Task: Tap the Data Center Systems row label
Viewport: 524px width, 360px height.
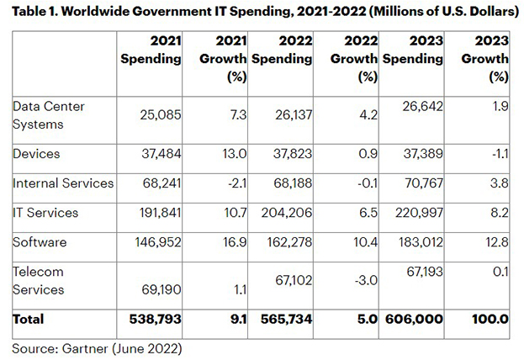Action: point(49,114)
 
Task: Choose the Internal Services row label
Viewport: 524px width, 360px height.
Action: point(61,183)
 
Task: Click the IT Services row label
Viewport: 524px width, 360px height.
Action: point(45,212)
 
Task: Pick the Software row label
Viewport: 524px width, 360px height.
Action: point(40,241)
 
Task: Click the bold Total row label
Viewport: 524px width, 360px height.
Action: point(29,320)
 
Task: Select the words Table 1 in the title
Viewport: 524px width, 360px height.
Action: point(39,12)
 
